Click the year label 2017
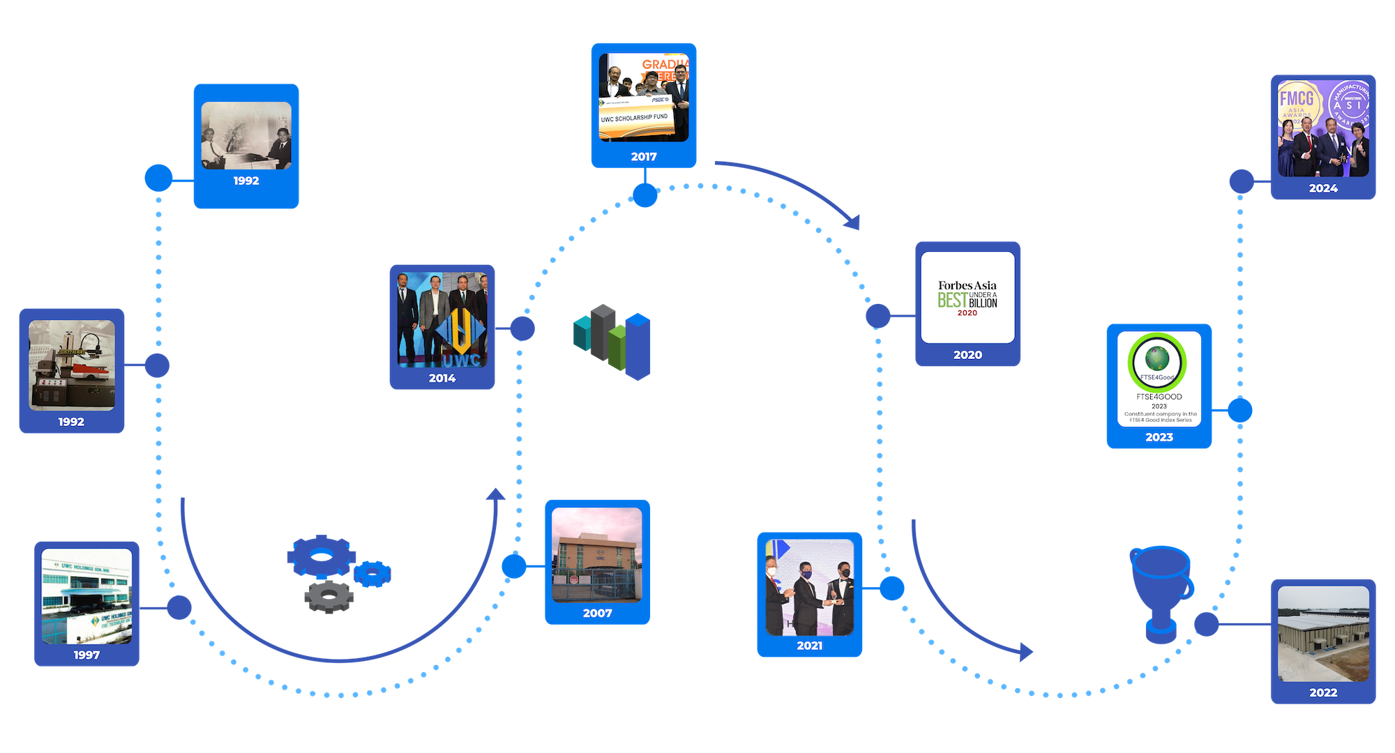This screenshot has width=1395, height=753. [x=644, y=157]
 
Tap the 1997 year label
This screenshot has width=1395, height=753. [x=86, y=655]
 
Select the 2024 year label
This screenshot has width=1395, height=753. [x=1323, y=188]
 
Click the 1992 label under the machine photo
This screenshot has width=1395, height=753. [x=71, y=422]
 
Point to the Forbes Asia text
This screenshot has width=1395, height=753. [x=967, y=285]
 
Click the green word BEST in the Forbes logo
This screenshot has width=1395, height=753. [x=952, y=301]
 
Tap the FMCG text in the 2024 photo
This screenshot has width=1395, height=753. [x=1297, y=98]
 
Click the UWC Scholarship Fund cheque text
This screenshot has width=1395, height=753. [x=635, y=118]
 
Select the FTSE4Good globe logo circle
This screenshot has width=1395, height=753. [x=1157, y=361]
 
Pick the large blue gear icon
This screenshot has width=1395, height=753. [x=321, y=556]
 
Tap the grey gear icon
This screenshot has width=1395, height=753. [x=329, y=596]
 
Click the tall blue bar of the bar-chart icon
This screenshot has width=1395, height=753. [x=638, y=347]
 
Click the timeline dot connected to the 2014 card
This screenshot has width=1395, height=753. [x=522, y=328]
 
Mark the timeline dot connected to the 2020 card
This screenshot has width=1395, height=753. [x=878, y=316]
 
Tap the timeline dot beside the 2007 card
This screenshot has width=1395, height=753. [x=514, y=566]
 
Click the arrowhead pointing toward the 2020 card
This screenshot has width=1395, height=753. [x=852, y=222]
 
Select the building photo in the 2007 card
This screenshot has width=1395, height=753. [x=597, y=554]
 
